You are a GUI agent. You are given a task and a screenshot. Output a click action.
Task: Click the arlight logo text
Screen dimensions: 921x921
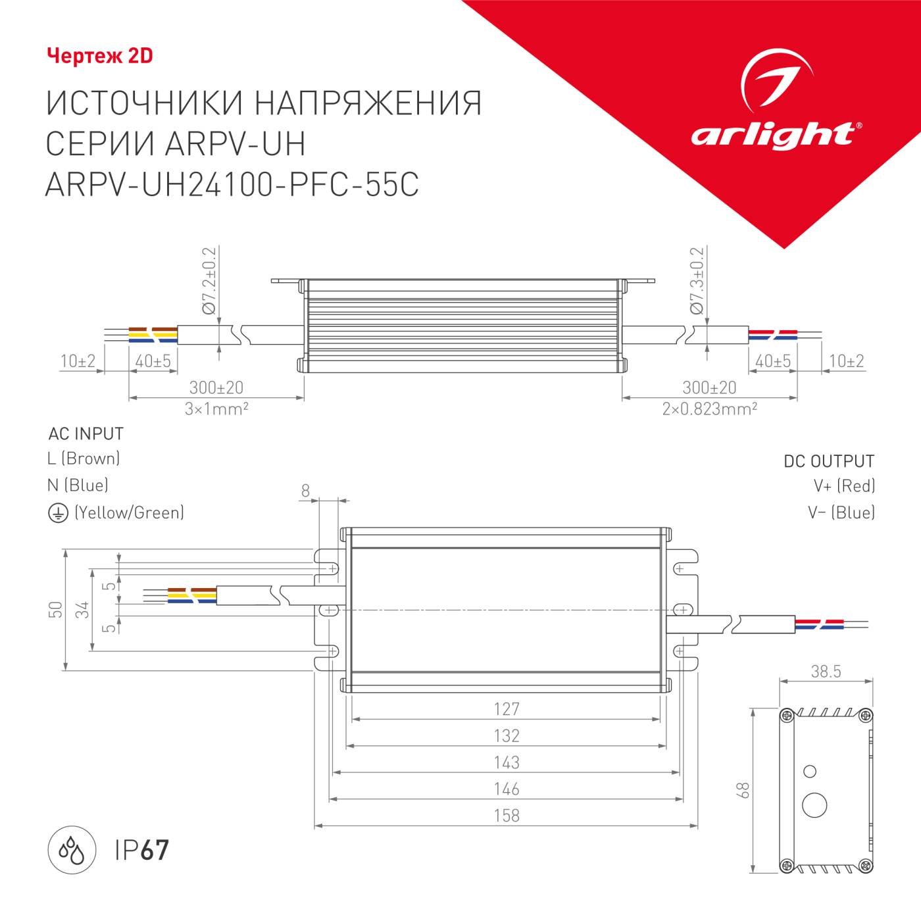click(x=772, y=134)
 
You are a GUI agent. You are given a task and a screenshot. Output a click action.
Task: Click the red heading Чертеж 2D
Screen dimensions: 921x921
click(x=99, y=56)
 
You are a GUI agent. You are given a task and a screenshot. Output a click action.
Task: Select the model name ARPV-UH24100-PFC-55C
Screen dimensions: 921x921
click(x=232, y=186)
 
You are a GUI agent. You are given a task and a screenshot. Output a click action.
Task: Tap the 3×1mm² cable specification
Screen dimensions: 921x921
click(x=216, y=409)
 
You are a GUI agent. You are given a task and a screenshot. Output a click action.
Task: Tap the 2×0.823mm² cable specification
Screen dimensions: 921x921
click(x=709, y=409)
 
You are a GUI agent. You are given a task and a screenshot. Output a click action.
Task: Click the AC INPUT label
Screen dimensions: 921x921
click(x=86, y=434)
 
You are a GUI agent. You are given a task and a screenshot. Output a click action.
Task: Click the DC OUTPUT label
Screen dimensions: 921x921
click(x=828, y=461)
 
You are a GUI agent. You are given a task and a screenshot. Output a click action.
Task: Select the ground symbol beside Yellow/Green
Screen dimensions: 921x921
click(x=58, y=513)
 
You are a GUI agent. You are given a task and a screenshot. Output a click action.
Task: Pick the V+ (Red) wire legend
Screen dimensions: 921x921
click(x=844, y=486)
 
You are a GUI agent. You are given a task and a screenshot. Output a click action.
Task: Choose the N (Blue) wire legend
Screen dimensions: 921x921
click(x=78, y=485)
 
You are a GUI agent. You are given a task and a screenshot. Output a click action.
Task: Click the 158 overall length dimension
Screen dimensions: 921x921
click(x=507, y=815)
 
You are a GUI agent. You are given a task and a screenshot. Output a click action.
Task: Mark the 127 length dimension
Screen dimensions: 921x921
click(x=507, y=709)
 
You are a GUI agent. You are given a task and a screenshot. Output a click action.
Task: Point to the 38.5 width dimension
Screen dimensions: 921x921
click(x=826, y=671)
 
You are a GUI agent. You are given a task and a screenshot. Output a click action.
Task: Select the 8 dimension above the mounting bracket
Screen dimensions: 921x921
click(x=305, y=490)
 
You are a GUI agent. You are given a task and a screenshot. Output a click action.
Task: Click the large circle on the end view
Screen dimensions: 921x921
click(x=816, y=805)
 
